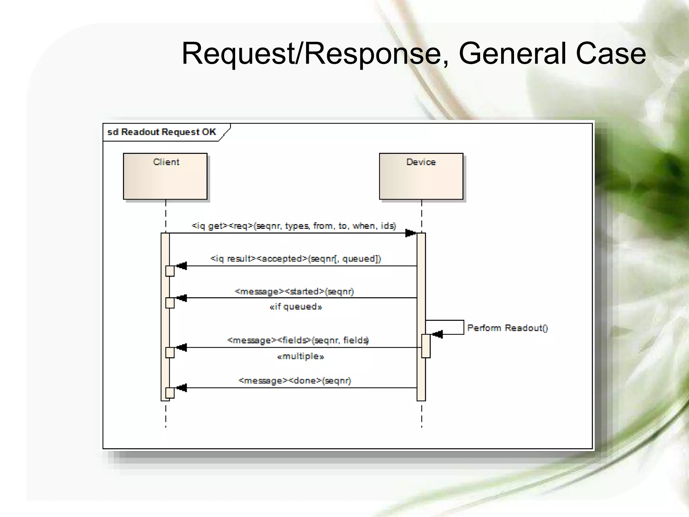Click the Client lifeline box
tap(165, 176)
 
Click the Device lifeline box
tap(421, 176)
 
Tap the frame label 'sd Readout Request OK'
tap(161, 132)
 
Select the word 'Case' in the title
tap(611, 54)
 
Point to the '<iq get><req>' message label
tap(294, 226)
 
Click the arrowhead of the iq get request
tap(410, 233)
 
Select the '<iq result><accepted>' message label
tap(295, 258)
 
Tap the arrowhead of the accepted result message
tap(182, 266)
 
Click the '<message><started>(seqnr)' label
tap(294, 291)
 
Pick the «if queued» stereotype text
tap(296, 307)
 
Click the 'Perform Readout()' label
tap(507, 328)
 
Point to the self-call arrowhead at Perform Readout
tap(437, 334)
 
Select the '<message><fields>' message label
tap(298, 340)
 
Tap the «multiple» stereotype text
tap(300, 356)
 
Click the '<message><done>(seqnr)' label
tap(295, 381)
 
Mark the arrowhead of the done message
tap(182, 388)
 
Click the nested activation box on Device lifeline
tap(426, 346)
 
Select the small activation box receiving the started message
tap(170, 303)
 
